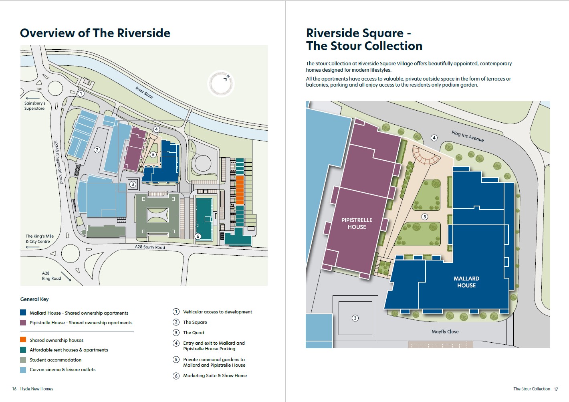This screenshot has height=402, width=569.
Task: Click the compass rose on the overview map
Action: pos(221,84)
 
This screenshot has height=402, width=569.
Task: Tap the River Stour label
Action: pos(144,92)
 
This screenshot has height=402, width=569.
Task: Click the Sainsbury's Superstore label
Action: pos(34,106)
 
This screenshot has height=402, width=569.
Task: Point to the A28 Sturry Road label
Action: pos(150,247)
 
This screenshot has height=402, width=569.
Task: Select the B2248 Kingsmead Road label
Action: pos(59,162)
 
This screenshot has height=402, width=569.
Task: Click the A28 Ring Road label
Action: pos(51,276)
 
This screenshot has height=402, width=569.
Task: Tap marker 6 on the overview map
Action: pos(198,236)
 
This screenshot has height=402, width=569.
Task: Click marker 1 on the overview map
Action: pos(81,94)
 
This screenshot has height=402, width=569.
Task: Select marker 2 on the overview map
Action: pos(97,150)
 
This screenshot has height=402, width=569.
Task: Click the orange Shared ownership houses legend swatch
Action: pos(23,340)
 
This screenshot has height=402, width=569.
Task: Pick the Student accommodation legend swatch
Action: pos(23,360)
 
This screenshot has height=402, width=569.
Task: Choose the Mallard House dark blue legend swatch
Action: pos(23,313)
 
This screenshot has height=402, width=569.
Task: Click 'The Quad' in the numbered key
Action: pos(194,333)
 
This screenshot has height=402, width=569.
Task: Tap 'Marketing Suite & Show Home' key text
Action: pos(215,376)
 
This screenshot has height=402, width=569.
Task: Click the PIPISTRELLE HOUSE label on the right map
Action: pos(357,223)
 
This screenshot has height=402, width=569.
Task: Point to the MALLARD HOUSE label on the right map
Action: pos(466,282)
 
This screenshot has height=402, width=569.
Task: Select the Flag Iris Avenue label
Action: pos(467,136)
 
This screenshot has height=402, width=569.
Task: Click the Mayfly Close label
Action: pos(445,331)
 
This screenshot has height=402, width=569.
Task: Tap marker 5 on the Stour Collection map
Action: pos(425,217)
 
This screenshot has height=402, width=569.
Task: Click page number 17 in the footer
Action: pos(556,389)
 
